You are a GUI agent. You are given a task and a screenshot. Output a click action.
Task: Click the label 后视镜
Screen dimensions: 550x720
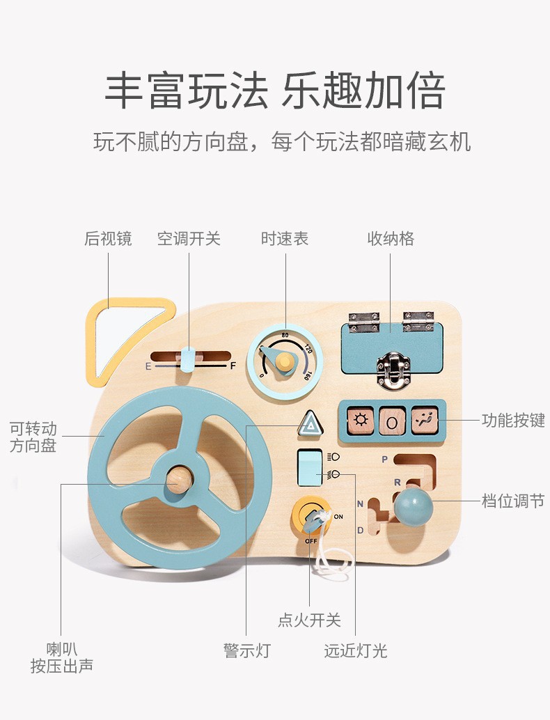click(x=108, y=239)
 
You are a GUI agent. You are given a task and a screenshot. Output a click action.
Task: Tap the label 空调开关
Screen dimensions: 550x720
click(x=189, y=239)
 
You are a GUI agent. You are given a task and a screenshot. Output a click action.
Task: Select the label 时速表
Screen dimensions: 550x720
click(x=285, y=239)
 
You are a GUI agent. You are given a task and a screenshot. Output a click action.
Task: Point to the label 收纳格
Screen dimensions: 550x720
click(x=391, y=239)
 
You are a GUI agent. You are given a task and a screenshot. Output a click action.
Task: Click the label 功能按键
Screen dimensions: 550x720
click(x=513, y=420)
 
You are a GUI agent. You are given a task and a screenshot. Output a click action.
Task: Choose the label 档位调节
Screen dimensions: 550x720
click(x=513, y=501)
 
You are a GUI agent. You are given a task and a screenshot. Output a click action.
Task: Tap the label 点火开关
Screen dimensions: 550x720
click(x=309, y=620)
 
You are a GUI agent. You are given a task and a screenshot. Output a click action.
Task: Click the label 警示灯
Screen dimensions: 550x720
click(x=246, y=651)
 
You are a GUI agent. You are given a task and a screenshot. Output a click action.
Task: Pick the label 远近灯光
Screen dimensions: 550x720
click(x=355, y=651)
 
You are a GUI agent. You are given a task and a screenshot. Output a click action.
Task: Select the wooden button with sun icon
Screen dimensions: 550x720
click(x=361, y=420)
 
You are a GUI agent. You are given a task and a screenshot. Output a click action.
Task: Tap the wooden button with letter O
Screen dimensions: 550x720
click(x=392, y=421)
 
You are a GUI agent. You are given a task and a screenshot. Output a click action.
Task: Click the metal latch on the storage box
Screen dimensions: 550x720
click(x=391, y=369)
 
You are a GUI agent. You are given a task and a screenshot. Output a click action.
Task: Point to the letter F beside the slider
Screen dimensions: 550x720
click(x=233, y=366)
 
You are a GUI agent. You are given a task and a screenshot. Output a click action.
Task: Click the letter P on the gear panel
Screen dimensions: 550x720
click(x=384, y=460)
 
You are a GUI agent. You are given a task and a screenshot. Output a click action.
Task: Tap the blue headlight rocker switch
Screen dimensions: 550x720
click(x=309, y=467)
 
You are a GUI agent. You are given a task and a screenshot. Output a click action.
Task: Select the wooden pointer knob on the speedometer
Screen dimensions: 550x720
click(x=284, y=361)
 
